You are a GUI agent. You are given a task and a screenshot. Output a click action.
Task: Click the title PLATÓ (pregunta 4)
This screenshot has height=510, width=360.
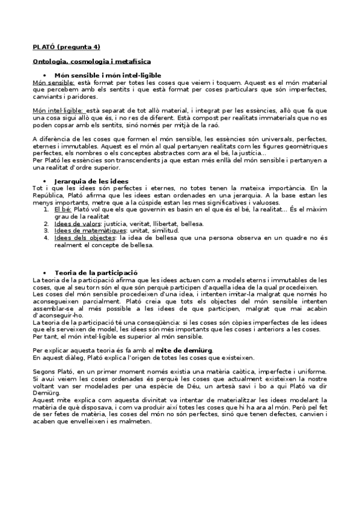66,46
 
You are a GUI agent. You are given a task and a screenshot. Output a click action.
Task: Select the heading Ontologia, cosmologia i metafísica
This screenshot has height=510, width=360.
91,61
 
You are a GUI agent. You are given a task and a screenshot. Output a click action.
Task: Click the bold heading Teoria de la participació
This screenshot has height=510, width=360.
96,272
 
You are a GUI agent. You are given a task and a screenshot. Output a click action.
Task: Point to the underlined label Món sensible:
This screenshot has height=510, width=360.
53,82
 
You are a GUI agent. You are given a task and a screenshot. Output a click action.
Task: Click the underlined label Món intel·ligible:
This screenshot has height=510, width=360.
59,111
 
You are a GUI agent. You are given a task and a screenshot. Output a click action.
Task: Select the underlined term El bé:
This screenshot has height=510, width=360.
63,209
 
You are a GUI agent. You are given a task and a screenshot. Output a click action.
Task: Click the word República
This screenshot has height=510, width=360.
49,195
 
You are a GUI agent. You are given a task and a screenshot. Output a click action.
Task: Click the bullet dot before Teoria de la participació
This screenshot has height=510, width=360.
46,272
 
